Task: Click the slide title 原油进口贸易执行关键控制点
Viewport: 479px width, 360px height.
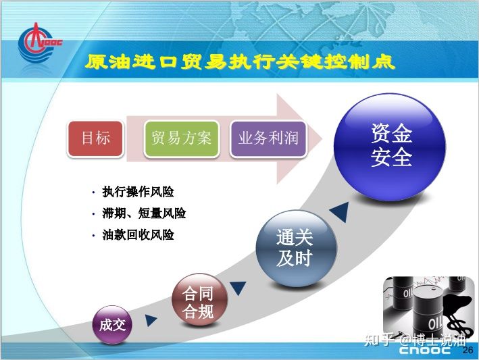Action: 240,62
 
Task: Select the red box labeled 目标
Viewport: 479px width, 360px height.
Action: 96,138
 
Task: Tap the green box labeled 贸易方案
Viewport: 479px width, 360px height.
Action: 182,138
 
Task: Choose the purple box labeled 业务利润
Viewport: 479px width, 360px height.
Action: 268,138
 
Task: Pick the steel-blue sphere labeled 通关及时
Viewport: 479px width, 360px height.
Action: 296,248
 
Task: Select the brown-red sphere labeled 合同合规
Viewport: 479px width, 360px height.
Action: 199,300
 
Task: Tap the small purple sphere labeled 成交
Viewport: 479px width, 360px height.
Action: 112,325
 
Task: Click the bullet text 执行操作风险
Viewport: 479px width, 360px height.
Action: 138,192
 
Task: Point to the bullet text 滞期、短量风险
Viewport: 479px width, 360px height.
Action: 144,213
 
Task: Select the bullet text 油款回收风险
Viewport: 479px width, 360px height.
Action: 138,235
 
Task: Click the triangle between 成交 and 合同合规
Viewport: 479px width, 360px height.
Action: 150,320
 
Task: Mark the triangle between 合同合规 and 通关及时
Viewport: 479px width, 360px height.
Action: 238,287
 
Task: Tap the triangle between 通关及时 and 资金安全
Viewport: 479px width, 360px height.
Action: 341,211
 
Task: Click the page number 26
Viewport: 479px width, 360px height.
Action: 468,350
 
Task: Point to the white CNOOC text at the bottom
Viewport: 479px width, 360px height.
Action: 425,350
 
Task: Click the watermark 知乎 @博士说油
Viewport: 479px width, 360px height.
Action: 415,340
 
